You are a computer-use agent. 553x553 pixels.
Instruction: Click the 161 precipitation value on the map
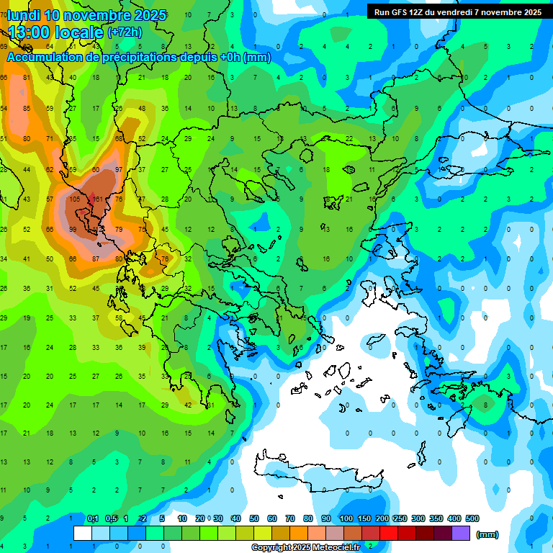click(x=99, y=199)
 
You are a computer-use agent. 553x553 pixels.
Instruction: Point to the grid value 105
click(x=74, y=199)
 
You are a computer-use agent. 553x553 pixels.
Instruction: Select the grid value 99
click(x=73, y=229)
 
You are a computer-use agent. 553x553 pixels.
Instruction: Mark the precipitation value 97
click(x=119, y=169)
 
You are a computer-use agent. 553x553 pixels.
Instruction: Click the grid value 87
click(x=96, y=258)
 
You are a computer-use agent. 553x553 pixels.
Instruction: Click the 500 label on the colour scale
click(x=472, y=518)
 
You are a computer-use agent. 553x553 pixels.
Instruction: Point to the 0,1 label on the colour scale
click(x=93, y=518)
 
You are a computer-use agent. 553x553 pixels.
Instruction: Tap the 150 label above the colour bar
click(x=364, y=518)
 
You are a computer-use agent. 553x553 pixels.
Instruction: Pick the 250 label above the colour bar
click(x=400, y=518)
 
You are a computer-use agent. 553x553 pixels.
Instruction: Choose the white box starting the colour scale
click(x=83, y=534)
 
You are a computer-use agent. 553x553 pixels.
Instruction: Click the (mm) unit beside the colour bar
click(x=487, y=534)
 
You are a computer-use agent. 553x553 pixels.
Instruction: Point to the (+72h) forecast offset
click(x=125, y=32)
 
